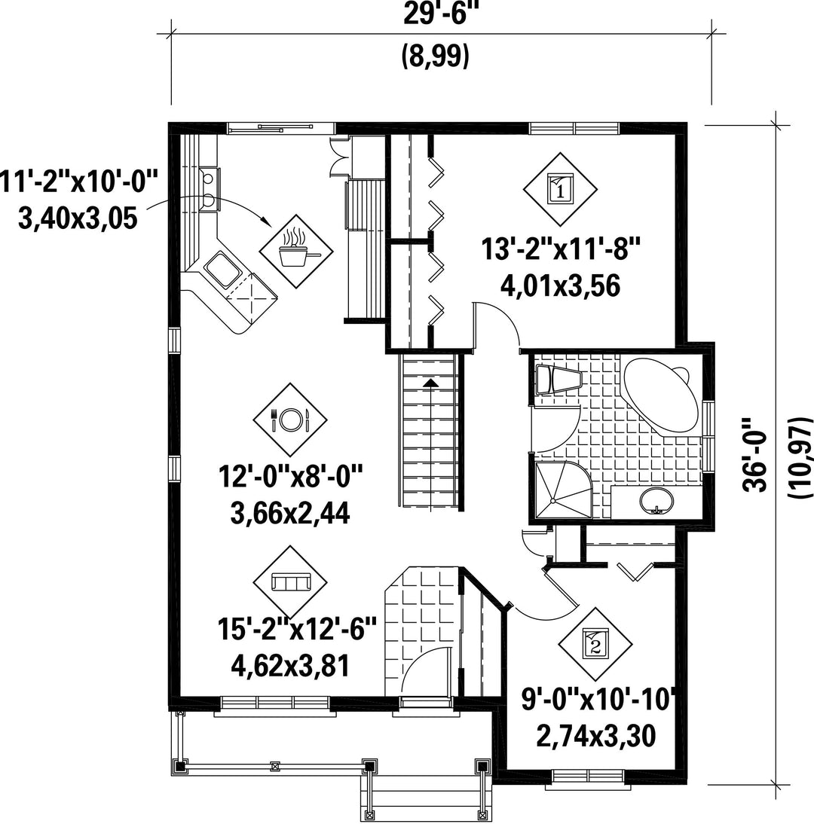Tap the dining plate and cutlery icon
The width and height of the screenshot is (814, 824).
(289, 420)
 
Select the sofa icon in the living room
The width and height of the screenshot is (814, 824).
(289, 582)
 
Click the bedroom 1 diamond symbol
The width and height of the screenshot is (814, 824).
(560, 188)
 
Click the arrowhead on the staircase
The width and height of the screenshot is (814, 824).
(430, 382)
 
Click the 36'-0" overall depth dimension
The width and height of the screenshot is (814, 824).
(754, 455)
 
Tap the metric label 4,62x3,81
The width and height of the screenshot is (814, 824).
(290, 667)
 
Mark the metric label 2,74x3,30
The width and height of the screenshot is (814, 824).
(595, 736)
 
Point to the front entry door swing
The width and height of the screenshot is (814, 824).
(425, 670)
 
